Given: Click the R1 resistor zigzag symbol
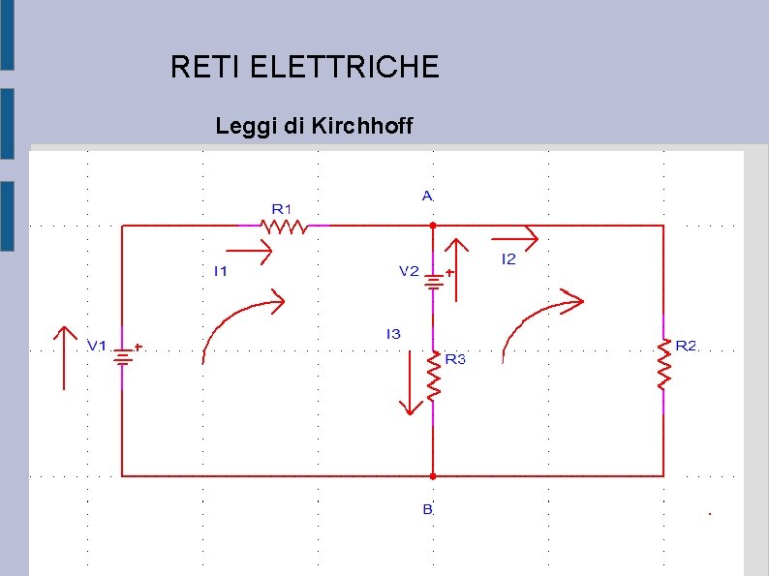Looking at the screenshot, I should (286, 226).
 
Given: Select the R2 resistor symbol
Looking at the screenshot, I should (663, 365).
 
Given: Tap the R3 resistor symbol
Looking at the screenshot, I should (433, 375).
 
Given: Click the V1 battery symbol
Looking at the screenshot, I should (122, 356).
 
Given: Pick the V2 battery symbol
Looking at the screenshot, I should (433, 280).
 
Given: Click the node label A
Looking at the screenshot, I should (427, 195).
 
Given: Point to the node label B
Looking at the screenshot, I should (427, 508).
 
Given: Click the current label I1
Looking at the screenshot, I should (221, 272).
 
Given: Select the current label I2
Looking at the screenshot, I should (508, 258).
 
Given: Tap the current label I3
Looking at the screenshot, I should (393, 334).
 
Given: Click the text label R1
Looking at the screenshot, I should (281, 207).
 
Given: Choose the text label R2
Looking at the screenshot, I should (686, 346).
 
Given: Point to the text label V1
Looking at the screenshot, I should (98, 346).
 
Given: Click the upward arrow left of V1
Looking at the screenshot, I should (64, 358).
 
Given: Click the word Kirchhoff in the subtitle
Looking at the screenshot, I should (363, 126).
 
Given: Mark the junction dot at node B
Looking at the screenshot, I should (433, 476).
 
